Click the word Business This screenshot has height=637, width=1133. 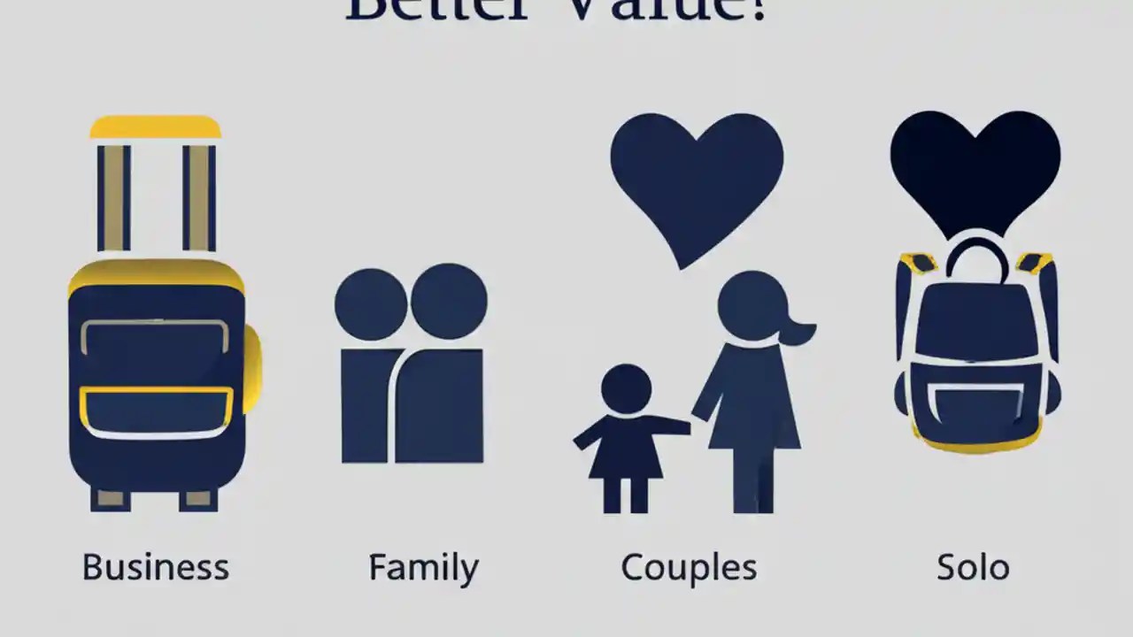[156, 567]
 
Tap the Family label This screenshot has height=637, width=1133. [423, 567]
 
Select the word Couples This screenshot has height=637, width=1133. [689, 567]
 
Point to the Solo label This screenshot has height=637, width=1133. [973, 567]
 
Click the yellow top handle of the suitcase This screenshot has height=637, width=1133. [156, 127]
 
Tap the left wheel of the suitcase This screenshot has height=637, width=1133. [111, 500]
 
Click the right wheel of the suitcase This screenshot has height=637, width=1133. [198, 500]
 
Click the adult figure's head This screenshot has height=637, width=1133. [751, 305]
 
